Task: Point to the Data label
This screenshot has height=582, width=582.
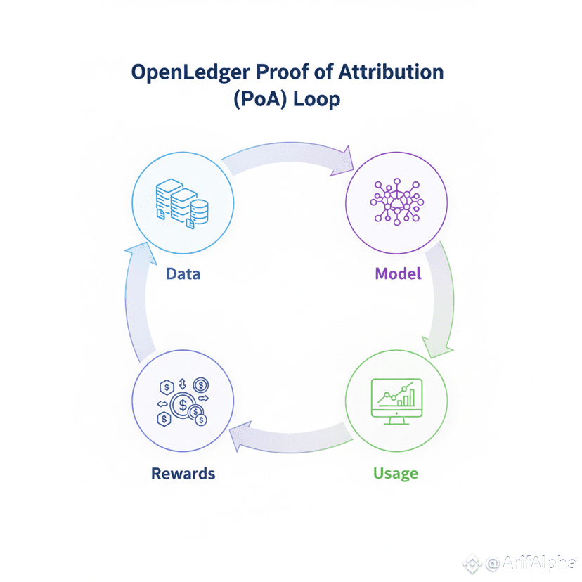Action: pos(183,273)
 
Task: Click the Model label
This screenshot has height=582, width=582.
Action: pos(398,273)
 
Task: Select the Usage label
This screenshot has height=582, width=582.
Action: pos(395,473)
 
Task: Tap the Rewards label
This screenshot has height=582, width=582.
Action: pos(183,473)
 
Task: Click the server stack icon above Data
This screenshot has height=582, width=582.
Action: pos(182,204)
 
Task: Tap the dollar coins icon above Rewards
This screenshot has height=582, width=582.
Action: pos(183,403)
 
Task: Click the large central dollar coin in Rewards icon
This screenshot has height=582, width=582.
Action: pos(184,405)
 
